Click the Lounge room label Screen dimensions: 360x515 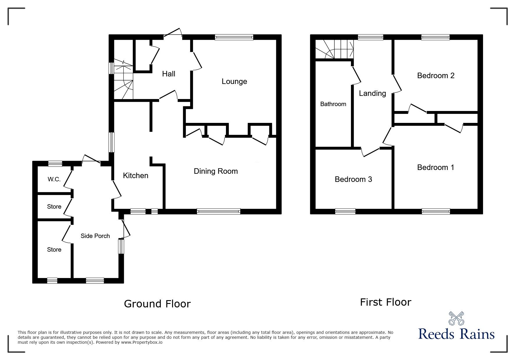coord(234,81)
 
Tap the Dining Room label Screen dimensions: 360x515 coord(215,171)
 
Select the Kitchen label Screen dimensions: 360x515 coord(136,175)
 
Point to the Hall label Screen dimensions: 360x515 coord(168,74)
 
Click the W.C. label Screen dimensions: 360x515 coord(54,179)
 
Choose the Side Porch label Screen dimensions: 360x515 coord(95,236)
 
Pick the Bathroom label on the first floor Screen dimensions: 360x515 coord(333,104)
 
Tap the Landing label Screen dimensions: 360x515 coord(372,93)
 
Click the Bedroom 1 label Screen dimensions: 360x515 coord(435,167)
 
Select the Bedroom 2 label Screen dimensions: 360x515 coord(436,76)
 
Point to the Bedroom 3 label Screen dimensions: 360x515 coord(353,179)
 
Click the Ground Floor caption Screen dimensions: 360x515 coord(157,304)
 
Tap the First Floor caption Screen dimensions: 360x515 coord(385,302)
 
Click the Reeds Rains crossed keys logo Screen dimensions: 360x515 coord(456,318)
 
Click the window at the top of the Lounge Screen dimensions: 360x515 coord(234,37)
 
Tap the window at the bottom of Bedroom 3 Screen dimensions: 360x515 coord(345,211)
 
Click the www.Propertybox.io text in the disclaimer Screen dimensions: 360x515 coord(142,343)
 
